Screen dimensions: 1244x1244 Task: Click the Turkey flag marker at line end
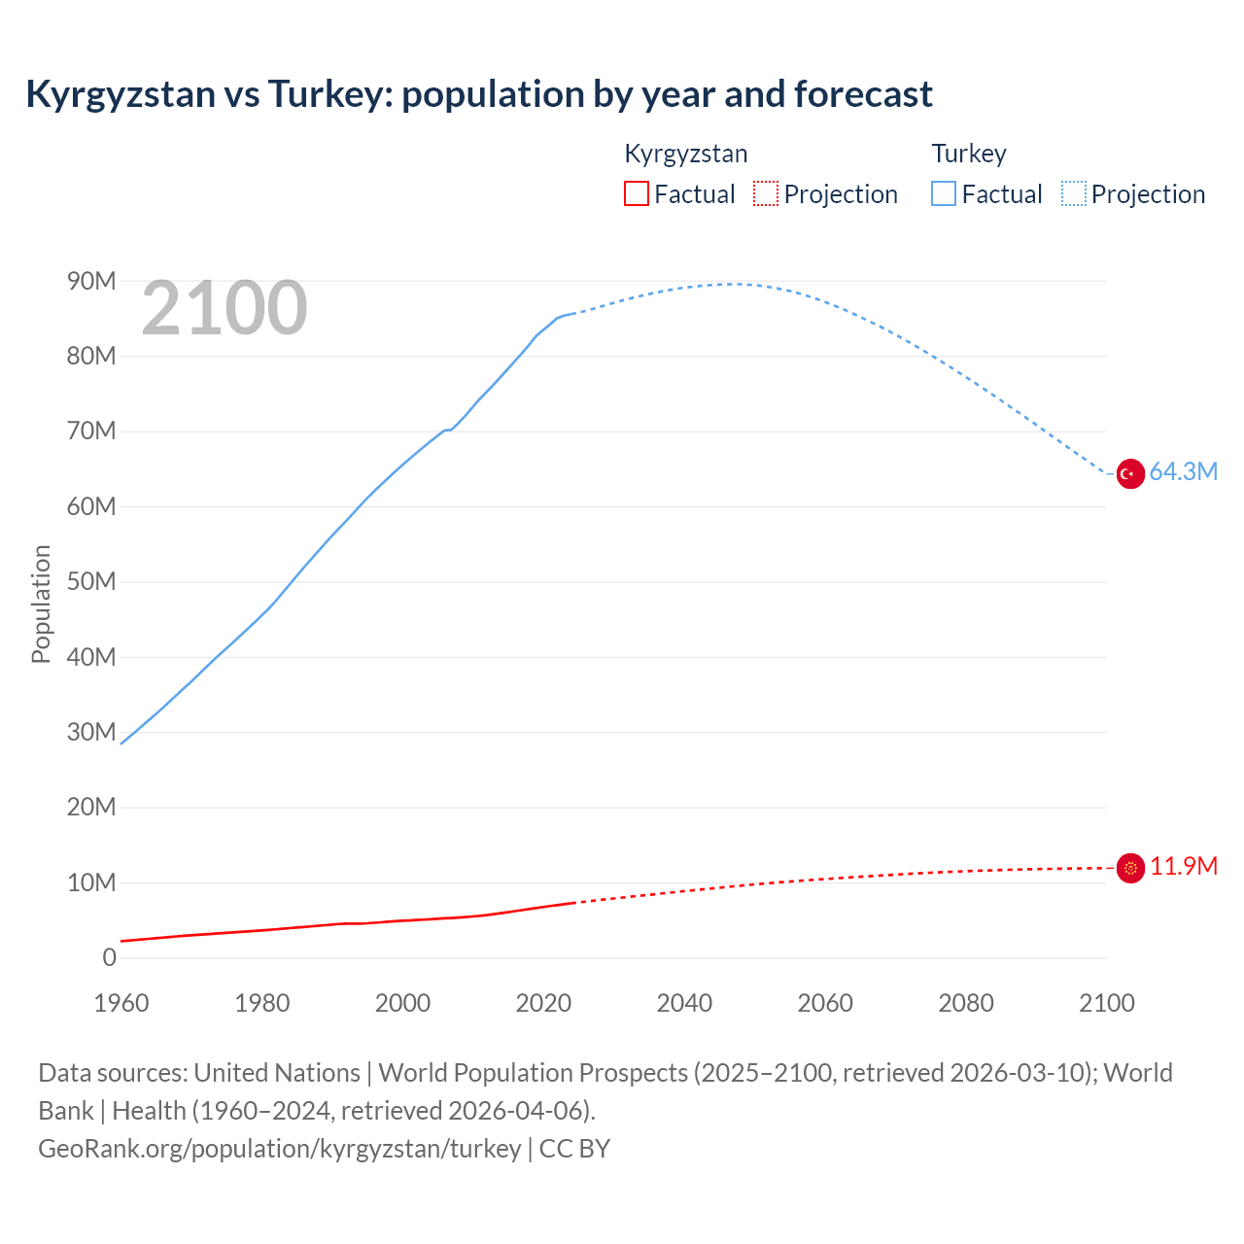(1129, 473)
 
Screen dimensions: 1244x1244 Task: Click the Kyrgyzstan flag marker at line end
(1129, 868)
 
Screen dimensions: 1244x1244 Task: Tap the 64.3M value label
(1183, 472)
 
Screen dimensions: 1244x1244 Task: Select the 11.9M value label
(1183, 867)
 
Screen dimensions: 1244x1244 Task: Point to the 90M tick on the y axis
(91, 281)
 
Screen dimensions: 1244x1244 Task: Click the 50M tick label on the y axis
(91, 581)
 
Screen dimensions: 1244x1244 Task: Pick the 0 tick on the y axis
(109, 957)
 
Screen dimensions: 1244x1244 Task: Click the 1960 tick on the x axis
(121, 1003)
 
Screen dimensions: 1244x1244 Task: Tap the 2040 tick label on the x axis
(684, 1003)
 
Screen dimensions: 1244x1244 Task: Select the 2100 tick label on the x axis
(1106, 1003)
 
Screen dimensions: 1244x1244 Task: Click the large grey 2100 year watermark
(225, 309)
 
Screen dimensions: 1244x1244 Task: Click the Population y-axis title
(41, 604)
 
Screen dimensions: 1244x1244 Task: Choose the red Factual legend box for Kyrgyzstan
(636, 194)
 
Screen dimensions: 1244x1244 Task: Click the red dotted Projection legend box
(766, 194)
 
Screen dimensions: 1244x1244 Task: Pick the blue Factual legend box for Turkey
(943, 194)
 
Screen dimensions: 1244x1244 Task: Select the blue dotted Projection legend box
(1073, 194)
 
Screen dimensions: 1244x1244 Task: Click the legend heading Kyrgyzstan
(685, 154)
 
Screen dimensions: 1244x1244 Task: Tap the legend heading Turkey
(969, 154)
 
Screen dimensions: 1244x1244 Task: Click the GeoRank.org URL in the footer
(280, 1149)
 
